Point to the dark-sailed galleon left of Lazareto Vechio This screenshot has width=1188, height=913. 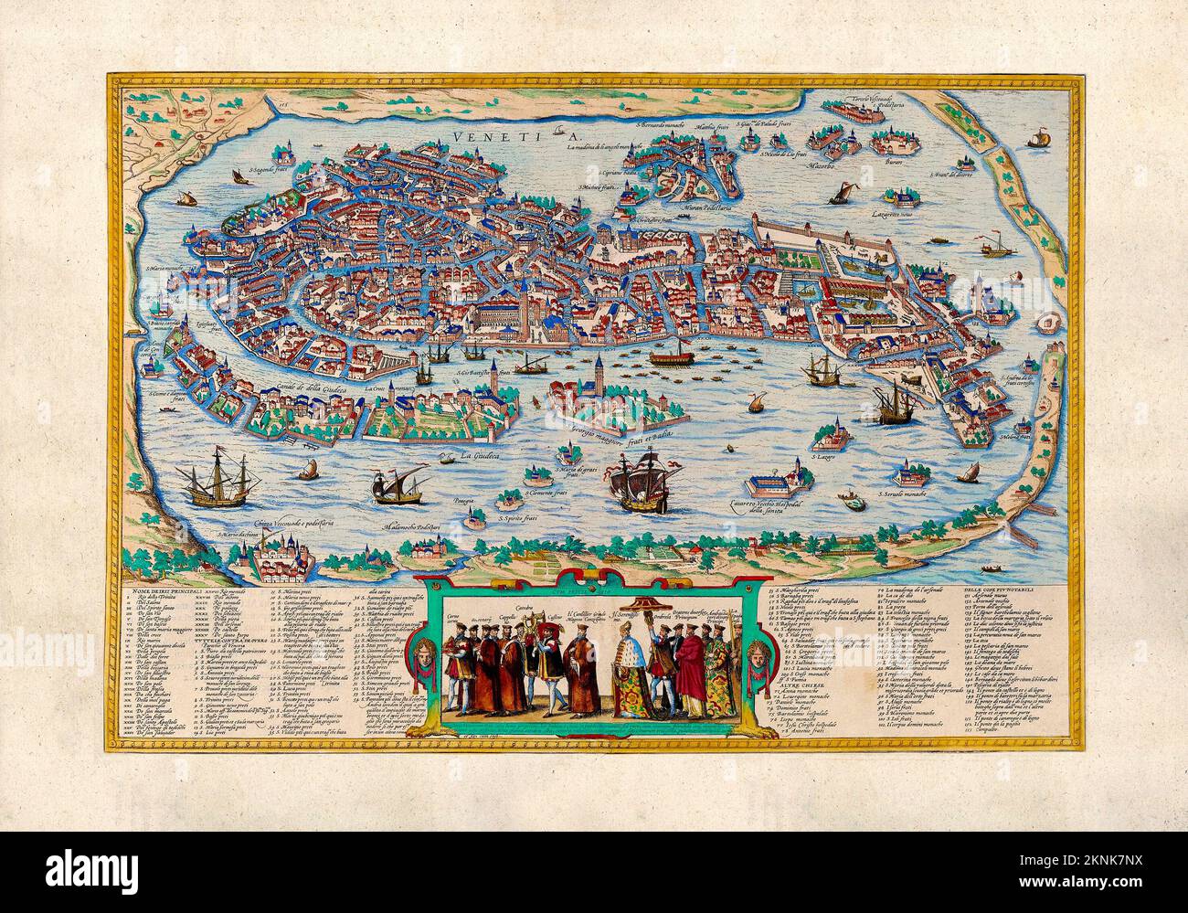click(x=643, y=483)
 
